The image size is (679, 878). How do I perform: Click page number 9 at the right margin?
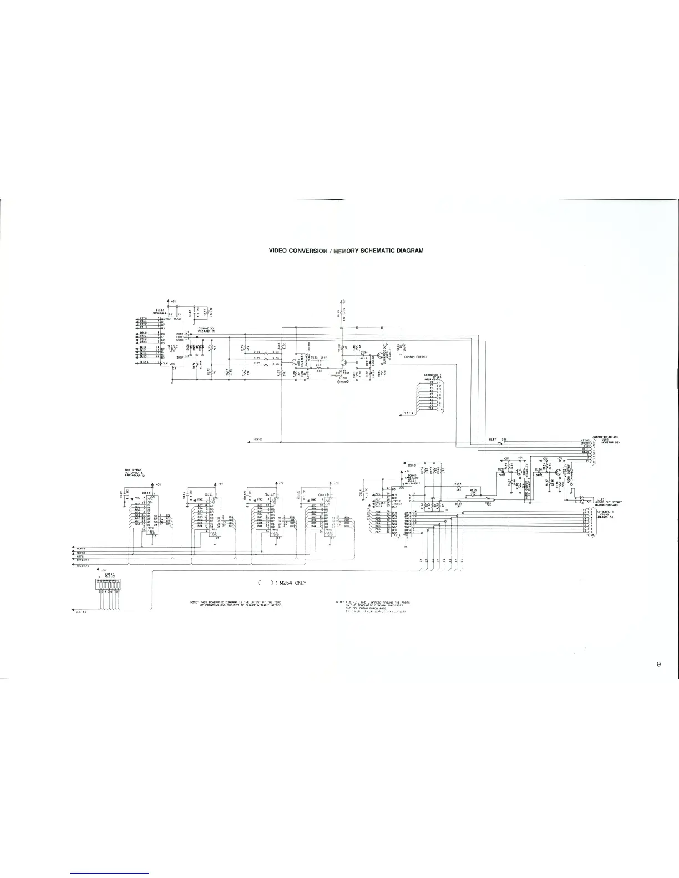click(x=658, y=665)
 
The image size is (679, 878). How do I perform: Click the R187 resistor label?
click(x=491, y=439)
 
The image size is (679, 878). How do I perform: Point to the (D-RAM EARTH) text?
click(x=411, y=356)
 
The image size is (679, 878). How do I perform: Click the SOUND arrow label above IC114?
click(x=412, y=466)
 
